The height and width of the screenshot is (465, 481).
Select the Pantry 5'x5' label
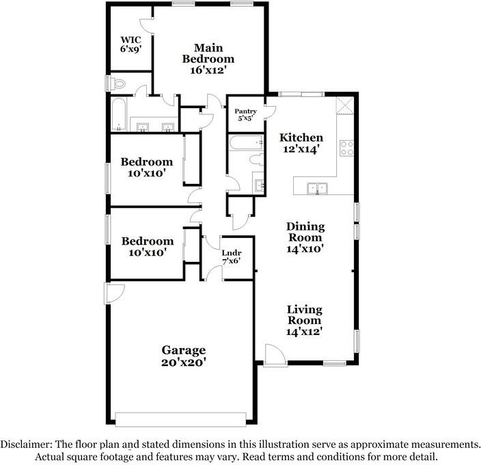pos(245,114)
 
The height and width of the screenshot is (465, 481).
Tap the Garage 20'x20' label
pos(183,356)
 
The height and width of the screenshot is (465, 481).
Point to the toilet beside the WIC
pos(118,84)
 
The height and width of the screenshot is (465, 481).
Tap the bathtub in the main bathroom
pos(119,115)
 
